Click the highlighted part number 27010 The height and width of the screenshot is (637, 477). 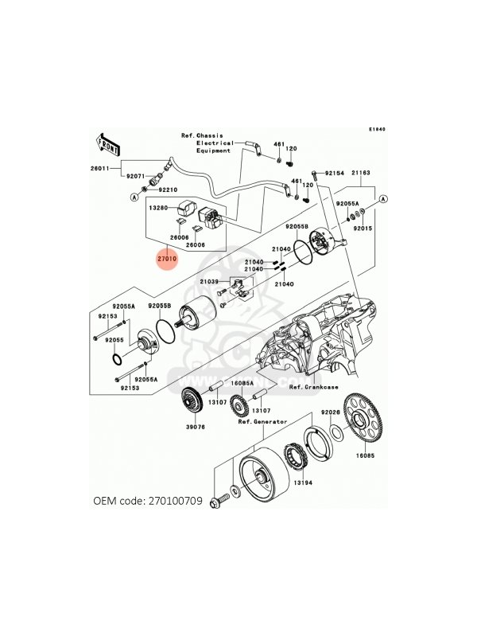167,259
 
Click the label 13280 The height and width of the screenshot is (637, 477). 156,207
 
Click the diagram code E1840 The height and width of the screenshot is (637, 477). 376,129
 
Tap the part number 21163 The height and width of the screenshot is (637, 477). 362,172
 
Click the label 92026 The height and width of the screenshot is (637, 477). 330,412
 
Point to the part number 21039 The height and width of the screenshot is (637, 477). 209,282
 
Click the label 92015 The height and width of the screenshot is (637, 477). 363,229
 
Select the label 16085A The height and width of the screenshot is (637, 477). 242,383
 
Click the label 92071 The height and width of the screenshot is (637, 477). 135,175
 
